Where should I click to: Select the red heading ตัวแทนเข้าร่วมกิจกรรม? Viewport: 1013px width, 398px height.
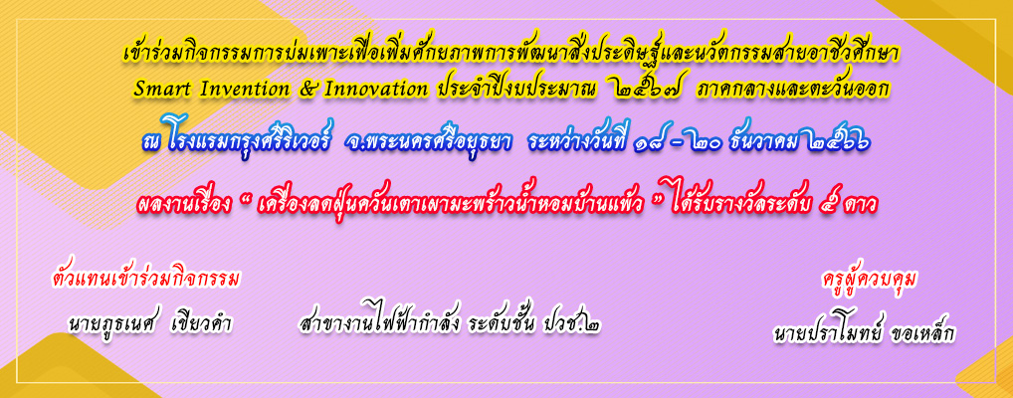[146, 280]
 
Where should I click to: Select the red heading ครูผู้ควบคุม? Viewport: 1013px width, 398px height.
[871, 281]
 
